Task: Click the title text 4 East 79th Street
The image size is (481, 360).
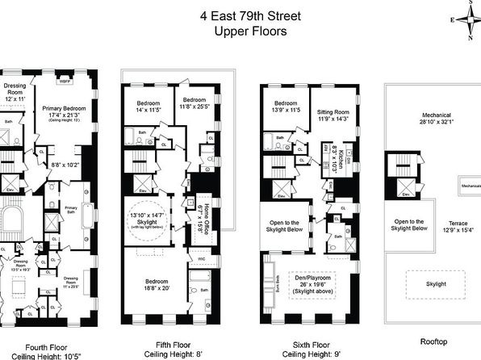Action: coord(240,15)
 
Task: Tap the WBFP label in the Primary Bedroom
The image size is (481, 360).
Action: coord(66,81)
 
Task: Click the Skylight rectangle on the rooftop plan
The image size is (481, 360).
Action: coord(440,283)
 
